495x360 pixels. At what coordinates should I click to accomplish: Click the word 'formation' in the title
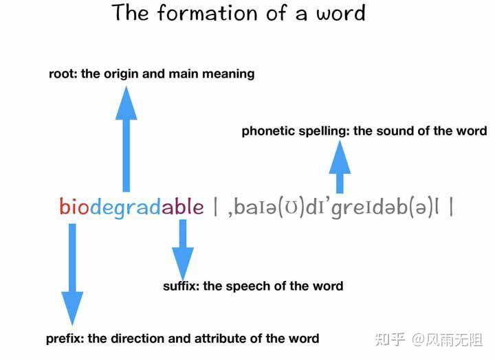pyautogui.click(x=207, y=12)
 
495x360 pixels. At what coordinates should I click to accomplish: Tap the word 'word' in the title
pyautogui.click(x=341, y=13)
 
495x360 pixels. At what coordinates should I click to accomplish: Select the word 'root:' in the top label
pyautogui.click(x=63, y=74)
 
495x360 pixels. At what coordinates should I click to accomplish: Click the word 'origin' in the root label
pyautogui.click(x=122, y=74)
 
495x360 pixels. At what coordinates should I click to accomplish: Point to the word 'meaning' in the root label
pyautogui.click(x=228, y=74)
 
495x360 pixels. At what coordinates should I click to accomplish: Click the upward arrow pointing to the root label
pyautogui.click(x=126, y=139)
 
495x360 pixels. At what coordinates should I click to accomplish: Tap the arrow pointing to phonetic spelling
pyautogui.click(x=340, y=166)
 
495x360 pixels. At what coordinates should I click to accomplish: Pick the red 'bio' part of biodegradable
pyautogui.click(x=74, y=207)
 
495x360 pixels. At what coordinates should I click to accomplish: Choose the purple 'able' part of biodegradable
pyautogui.click(x=183, y=207)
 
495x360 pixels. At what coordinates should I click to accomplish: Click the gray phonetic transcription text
pyautogui.click(x=333, y=208)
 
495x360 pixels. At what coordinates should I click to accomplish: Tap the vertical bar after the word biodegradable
pyautogui.click(x=216, y=207)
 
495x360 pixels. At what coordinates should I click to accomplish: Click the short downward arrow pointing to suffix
pyautogui.click(x=183, y=250)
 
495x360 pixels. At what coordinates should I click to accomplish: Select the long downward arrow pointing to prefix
pyautogui.click(x=72, y=275)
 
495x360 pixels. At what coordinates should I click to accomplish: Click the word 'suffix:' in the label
pyautogui.click(x=181, y=286)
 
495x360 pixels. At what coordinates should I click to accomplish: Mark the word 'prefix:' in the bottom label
pyautogui.click(x=65, y=339)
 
